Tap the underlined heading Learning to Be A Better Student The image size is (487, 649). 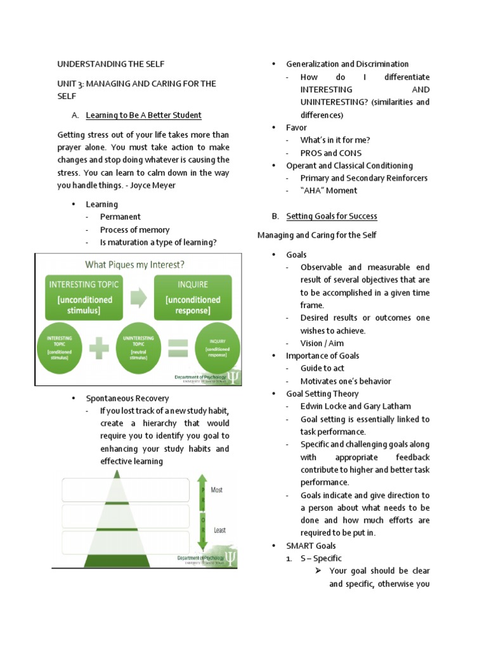[143, 115]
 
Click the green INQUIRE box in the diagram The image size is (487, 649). [193, 297]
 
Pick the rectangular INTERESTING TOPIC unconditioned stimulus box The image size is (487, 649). [81, 297]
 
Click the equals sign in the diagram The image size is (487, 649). [178, 348]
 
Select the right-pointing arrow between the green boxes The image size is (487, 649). [138, 297]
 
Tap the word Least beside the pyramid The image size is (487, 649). [219, 530]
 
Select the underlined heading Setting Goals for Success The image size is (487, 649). [332, 216]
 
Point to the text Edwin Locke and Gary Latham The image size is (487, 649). [356, 406]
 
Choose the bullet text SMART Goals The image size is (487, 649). [311, 546]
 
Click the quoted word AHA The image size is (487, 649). [311, 190]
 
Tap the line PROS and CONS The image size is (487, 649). [331, 153]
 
